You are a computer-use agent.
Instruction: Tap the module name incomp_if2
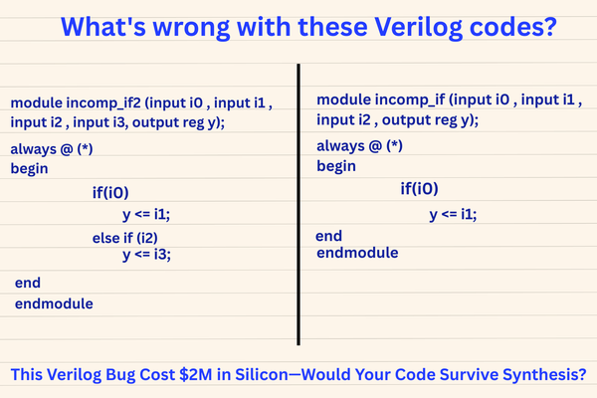pyautogui.click(x=103, y=103)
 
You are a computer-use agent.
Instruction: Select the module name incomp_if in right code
pyautogui.click(x=410, y=99)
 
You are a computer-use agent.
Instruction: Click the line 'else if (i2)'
pyautogui.click(x=125, y=238)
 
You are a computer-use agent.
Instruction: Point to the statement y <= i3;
pyautogui.click(x=146, y=255)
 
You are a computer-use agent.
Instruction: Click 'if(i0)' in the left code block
pyautogui.click(x=110, y=193)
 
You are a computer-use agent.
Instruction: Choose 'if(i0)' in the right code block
pyautogui.click(x=419, y=189)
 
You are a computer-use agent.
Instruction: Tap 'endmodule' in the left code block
pyautogui.click(x=54, y=303)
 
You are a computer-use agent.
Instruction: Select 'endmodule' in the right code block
pyautogui.click(x=357, y=253)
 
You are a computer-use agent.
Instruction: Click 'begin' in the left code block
pyautogui.click(x=29, y=169)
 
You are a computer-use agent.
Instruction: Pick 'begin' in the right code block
pyautogui.click(x=336, y=166)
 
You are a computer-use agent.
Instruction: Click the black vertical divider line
pyautogui.click(x=298, y=205)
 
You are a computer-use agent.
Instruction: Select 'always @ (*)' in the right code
pyautogui.click(x=360, y=146)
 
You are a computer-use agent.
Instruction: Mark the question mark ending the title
pyautogui.click(x=550, y=27)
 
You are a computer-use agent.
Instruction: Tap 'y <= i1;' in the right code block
pyautogui.click(x=453, y=215)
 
